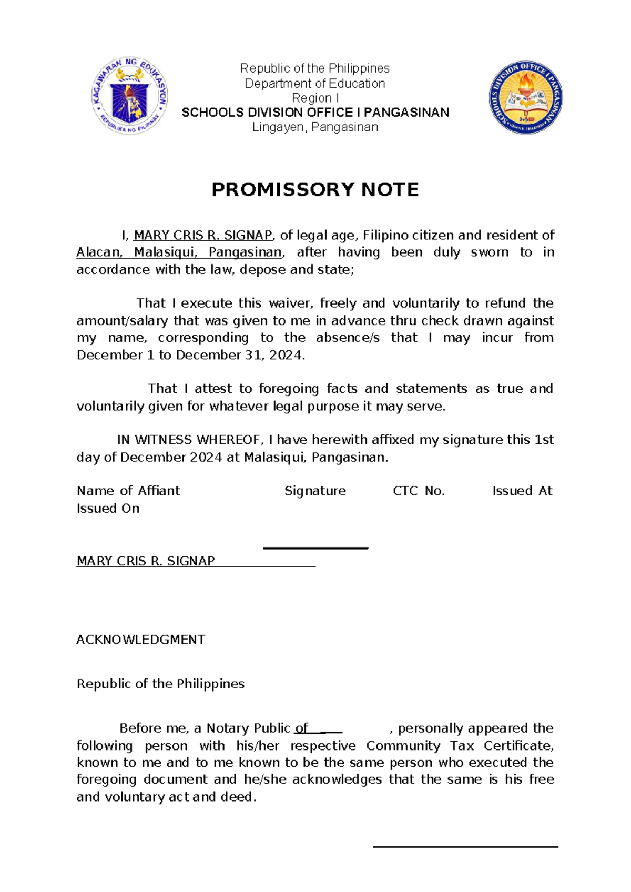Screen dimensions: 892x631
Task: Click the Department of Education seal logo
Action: pyautogui.click(x=130, y=96)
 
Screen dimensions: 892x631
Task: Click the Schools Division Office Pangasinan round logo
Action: pyautogui.click(x=525, y=97)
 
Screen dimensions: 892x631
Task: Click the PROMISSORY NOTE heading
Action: pyautogui.click(x=315, y=190)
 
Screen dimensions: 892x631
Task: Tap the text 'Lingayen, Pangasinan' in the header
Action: pyautogui.click(x=315, y=127)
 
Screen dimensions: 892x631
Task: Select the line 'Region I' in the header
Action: pyautogui.click(x=315, y=98)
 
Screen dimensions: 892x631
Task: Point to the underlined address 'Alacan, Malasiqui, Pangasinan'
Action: pyautogui.click(x=179, y=252)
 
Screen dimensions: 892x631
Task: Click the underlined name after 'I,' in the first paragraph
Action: pyautogui.click(x=203, y=235)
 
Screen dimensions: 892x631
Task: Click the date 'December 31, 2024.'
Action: pyautogui.click(x=240, y=355)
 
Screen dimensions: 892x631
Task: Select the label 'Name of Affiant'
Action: pyautogui.click(x=128, y=491)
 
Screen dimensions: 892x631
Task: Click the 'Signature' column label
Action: pyautogui.click(x=315, y=491)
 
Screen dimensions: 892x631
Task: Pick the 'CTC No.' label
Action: pyautogui.click(x=419, y=491)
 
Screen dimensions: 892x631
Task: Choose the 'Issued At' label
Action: pyautogui.click(x=522, y=491)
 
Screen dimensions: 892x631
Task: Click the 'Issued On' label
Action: pyautogui.click(x=108, y=509)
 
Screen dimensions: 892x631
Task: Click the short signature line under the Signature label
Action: pyautogui.click(x=315, y=549)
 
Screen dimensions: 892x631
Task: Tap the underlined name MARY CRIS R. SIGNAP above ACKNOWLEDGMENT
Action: pyautogui.click(x=146, y=561)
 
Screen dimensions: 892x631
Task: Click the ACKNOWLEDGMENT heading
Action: pyautogui.click(x=140, y=640)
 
